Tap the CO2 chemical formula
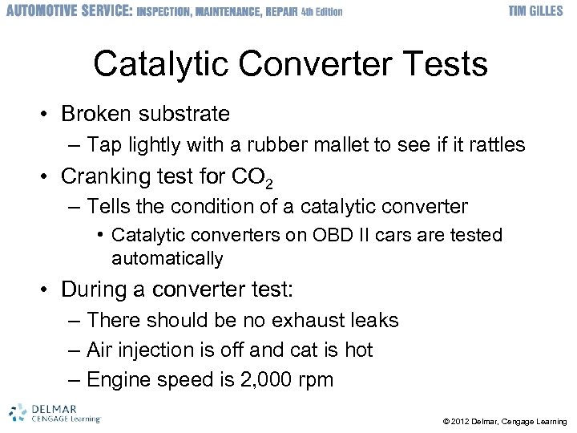[x=256, y=176]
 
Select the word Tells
[x=110, y=207]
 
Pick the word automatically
[x=167, y=258]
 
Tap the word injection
[x=157, y=350]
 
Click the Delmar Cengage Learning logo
[x=54, y=412]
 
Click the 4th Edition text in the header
[x=321, y=12]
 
